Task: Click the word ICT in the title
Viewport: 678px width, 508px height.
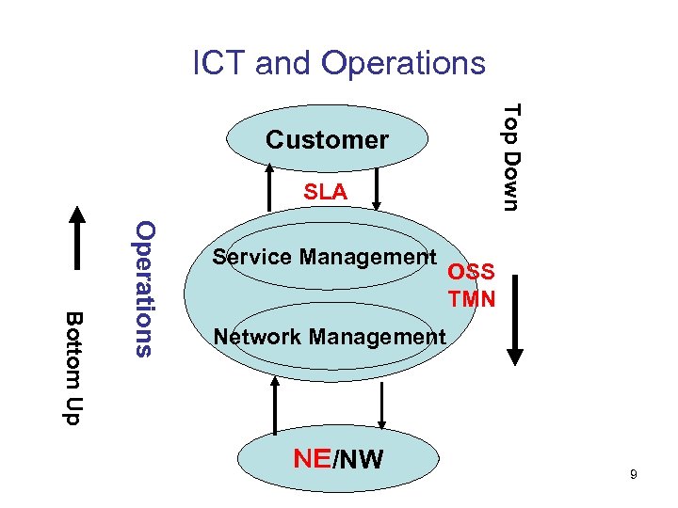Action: tap(219, 63)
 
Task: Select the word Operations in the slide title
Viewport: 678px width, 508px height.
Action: tap(404, 63)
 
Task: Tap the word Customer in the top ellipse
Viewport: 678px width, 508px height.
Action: tap(327, 140)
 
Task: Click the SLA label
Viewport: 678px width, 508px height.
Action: tap(325, 192)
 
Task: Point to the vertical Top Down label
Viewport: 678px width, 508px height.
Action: tap(510, 157)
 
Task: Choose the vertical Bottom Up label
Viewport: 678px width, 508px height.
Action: tap(73, 367)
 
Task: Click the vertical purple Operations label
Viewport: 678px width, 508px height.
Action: tap(143, 288)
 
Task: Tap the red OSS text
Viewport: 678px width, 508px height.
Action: tap(471, 273)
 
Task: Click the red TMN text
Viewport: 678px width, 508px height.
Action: tap(472, 299)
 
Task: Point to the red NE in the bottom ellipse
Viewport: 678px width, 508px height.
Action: tap(311, 458)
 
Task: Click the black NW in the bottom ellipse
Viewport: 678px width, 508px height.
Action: tap(361, 459)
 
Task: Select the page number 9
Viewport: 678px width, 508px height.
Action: tap(634, 475)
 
